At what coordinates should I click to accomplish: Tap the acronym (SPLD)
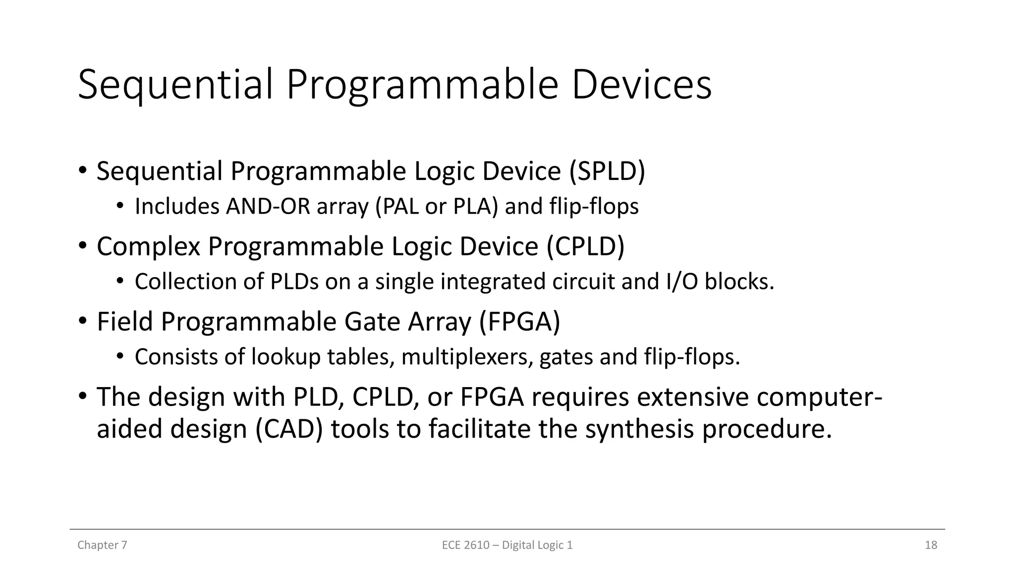(x=607, y=171)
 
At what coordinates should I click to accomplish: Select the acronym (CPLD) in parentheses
(x=585, y=247)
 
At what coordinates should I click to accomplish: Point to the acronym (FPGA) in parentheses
(x=520, y=322)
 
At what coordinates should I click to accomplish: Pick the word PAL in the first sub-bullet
(x=396, y=207)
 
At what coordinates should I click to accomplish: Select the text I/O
(x=681, y=282)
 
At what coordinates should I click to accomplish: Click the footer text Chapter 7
(x=102, y=545)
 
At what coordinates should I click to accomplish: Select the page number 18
(x=931, y=545)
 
